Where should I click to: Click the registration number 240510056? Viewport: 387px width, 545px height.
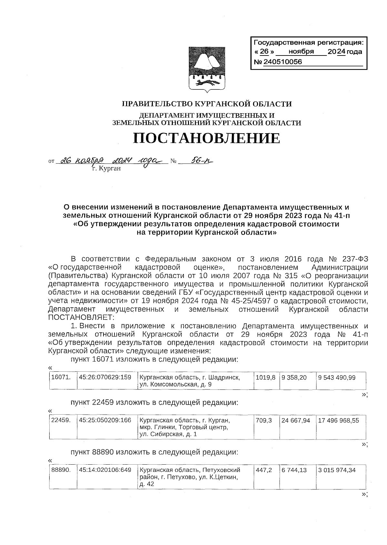click(283, 62)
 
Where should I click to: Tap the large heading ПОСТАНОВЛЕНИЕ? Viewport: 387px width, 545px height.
click(206, 138)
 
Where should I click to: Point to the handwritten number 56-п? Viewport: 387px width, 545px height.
click(197, 161)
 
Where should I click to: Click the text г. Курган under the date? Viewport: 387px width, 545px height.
click(106, 168)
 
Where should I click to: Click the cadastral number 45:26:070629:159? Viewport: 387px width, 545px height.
click(105, 377)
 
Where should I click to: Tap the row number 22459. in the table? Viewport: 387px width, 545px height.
click(61, 420)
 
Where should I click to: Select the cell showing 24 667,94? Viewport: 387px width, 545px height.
click(296, 420)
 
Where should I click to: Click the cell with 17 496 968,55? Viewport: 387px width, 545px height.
click(338, 420)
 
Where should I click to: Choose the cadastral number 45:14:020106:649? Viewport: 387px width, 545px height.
click(105, 470)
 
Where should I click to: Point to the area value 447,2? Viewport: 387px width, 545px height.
click(263, 470)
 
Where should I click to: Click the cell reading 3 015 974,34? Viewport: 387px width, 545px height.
click(337, 470)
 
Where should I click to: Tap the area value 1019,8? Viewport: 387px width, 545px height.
click(265, 377)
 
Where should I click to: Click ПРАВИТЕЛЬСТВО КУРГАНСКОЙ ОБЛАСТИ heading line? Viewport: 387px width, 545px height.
click(206, 104)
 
